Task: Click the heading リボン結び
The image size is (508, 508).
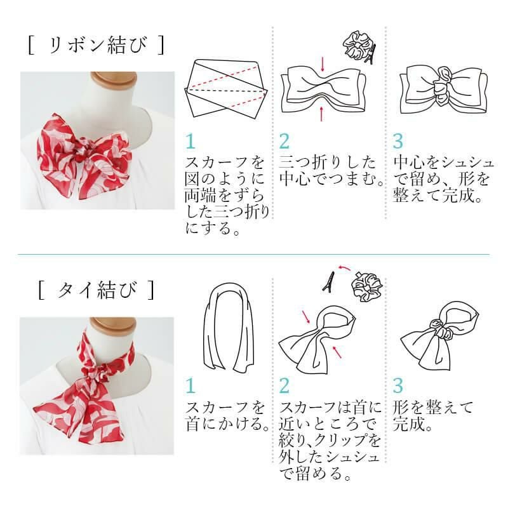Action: pos(97,45)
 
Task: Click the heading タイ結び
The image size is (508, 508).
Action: pos(97,290)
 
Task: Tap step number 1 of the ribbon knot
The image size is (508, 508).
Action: pos(190,141)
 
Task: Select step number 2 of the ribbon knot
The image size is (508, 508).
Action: pos(284,141)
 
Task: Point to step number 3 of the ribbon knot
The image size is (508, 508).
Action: pos(398,141)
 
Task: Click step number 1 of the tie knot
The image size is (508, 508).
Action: pos(190,386)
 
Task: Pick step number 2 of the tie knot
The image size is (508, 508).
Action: pos(284,386)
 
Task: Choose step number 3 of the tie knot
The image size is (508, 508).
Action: pos(398,386)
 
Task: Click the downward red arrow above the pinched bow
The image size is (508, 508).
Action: pos(323,64)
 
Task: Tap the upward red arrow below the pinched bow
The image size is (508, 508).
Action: pos(321,114)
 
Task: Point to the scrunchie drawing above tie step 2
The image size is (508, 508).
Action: pos(367,286)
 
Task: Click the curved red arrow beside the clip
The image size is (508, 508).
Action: pos(344,267)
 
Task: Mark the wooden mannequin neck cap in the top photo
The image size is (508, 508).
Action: pos(113,80)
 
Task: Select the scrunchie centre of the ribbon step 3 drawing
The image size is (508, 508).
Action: pos(442,85)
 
